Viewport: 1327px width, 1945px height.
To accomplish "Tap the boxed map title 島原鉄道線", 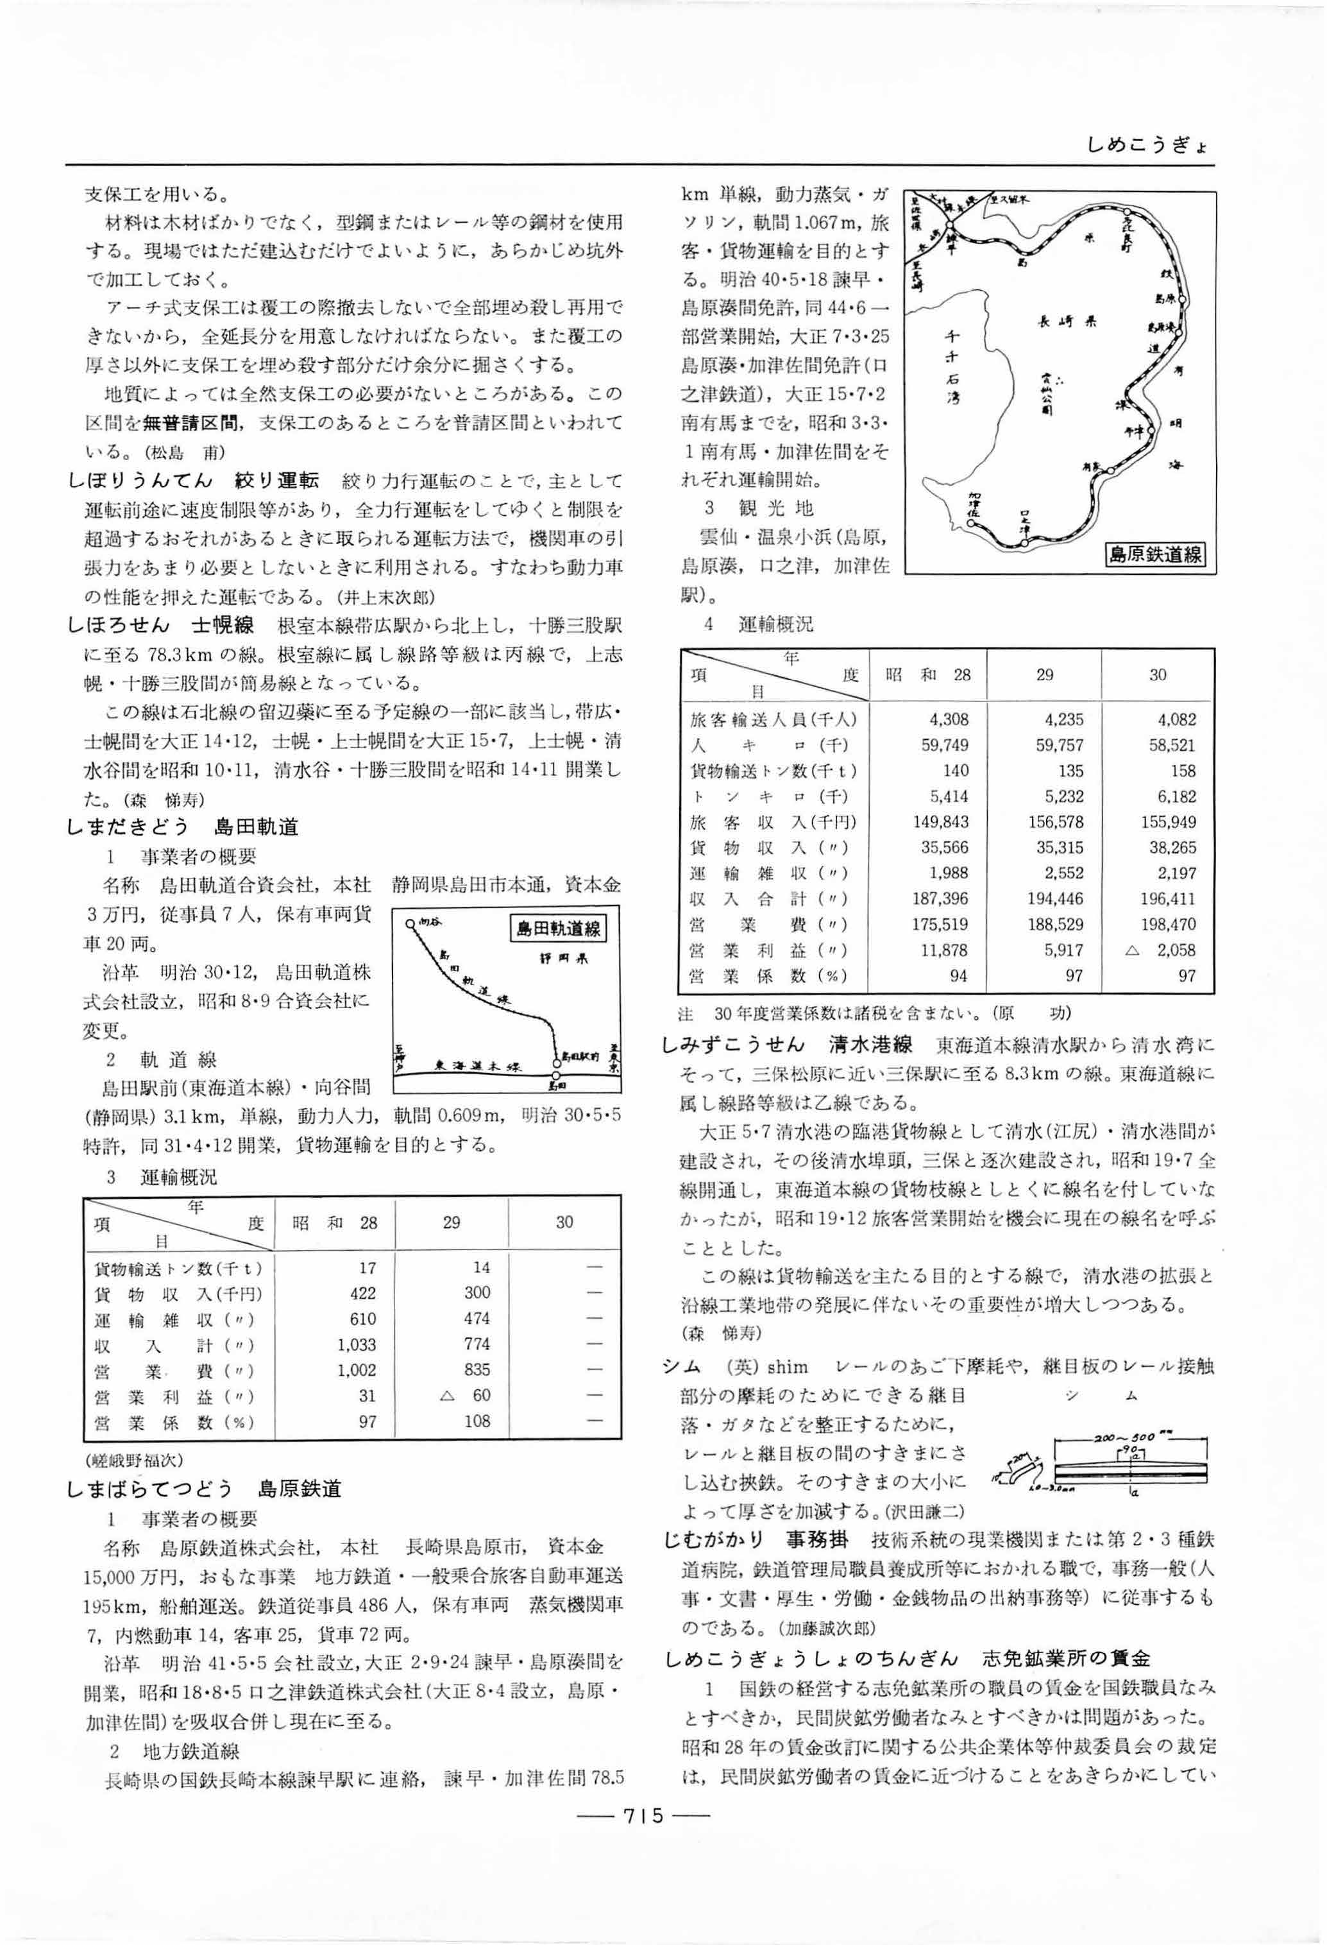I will pyautogui.click(x=1154, y=553).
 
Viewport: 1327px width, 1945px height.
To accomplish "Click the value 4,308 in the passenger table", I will pyautogui.click(x=945, y=719).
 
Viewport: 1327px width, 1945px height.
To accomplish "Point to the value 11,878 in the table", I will pyautogui.click(x=945, y=950).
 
